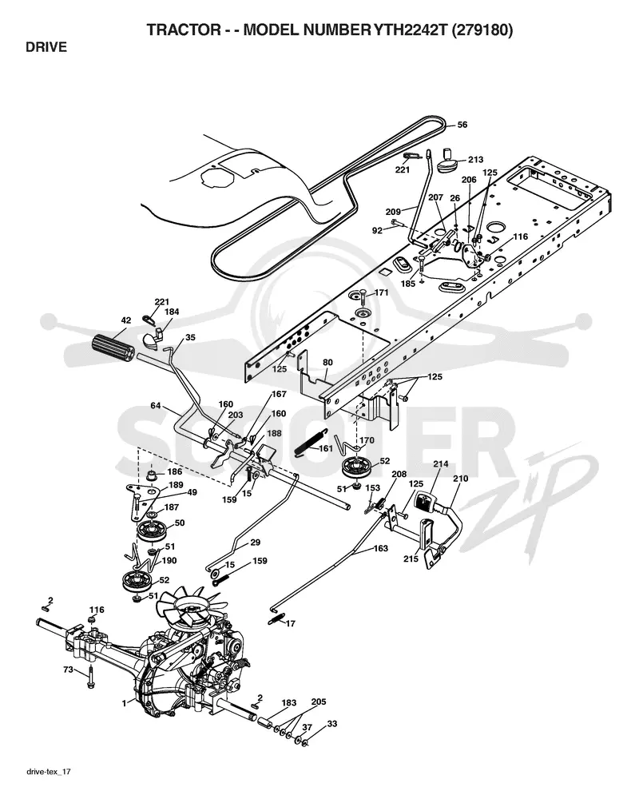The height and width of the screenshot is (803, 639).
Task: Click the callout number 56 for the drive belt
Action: point(462,125)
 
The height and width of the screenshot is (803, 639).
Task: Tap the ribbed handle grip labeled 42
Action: point(113,348)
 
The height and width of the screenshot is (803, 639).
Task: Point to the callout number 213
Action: point(475,159)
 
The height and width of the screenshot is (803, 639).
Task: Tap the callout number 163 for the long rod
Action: point(380,548)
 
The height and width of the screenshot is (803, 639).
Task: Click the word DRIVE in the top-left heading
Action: point(46,47)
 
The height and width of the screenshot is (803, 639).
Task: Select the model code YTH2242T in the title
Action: point(409,30)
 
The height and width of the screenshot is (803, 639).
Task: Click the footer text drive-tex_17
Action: point(48,771)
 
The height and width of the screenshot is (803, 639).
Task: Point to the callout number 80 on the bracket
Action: point(327,362)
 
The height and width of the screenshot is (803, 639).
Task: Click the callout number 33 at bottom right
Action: point(332,724)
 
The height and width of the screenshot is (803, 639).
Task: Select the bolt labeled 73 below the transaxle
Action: point(91,677)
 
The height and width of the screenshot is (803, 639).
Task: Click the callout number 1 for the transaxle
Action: point(124,704)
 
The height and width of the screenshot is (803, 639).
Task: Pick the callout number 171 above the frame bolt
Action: point(382,292)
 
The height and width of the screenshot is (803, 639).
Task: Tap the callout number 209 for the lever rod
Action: point(393,212)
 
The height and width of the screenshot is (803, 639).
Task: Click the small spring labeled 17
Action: point(275,619)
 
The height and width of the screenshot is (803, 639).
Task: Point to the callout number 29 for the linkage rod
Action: point(255,543)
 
